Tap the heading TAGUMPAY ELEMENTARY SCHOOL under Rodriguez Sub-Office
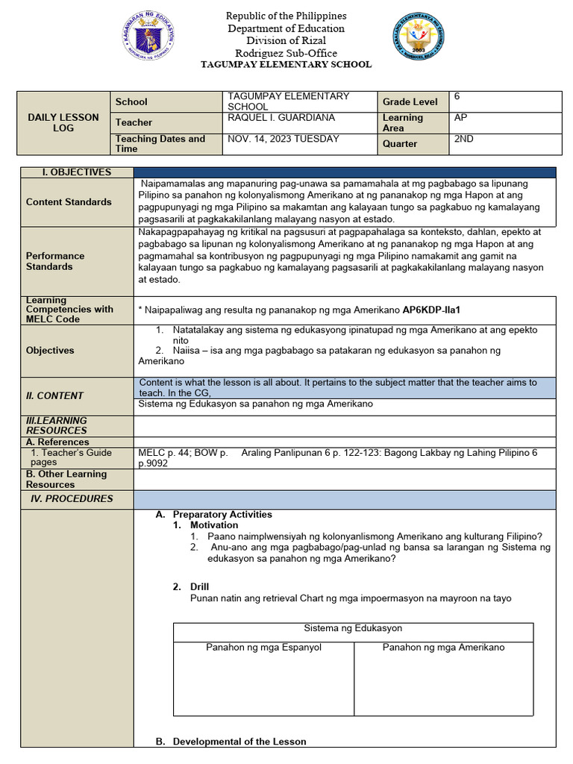286,65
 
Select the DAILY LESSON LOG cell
63,122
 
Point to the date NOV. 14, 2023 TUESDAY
283,139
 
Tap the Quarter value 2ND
463,139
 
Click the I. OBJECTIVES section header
76,172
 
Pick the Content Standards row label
69,202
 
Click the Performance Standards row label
55,261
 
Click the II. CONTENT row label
55,395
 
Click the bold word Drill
201,586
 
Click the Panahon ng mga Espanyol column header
263,647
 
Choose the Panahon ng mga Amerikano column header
443,647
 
